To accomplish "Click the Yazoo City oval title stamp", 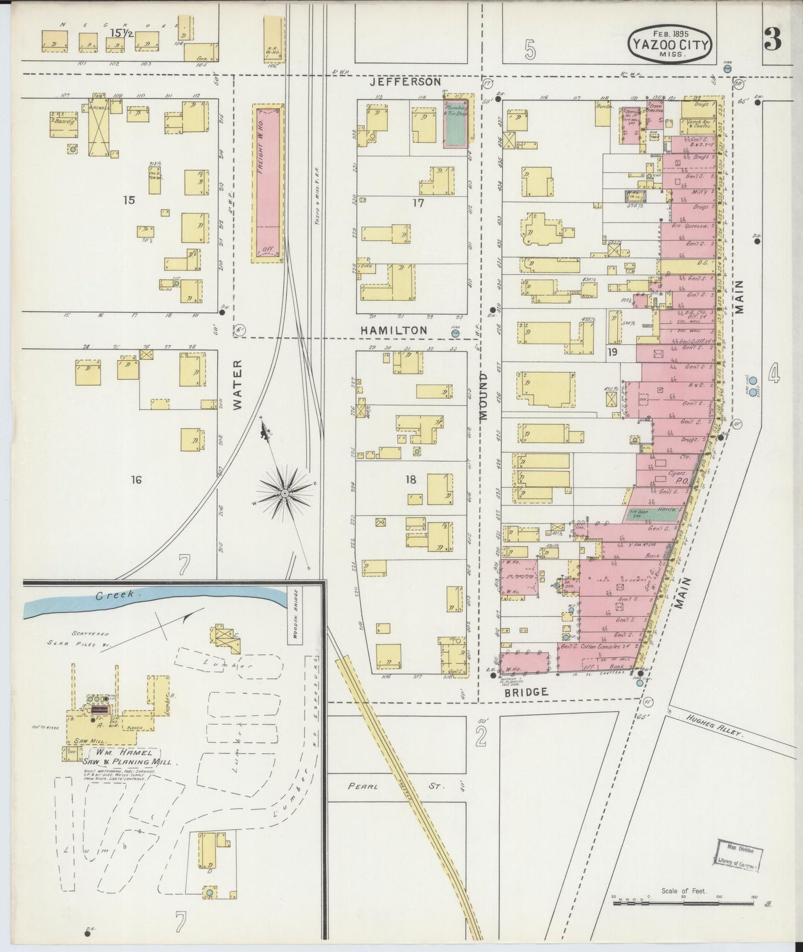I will tap(671, 43).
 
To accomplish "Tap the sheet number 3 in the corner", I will tap(772, 39).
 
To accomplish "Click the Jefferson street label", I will tap(406, 82).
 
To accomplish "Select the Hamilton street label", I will tap(393, 330).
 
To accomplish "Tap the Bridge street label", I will tap(526, 692).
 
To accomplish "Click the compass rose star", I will tap(285, 493).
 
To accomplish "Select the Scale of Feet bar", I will tap(684, 903).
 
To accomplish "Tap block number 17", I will tap(418, 203).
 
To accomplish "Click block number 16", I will tap(136, 480).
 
